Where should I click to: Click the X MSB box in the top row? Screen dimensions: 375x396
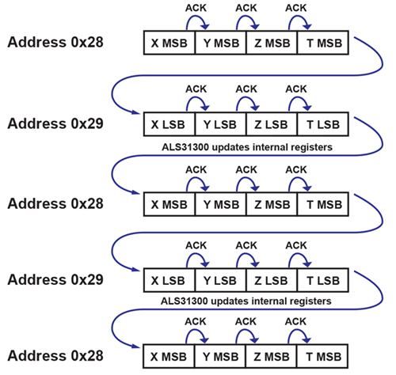point(169,43)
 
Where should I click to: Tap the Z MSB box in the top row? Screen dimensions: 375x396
point(272,43)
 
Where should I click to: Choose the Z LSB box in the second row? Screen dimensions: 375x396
point(272,123)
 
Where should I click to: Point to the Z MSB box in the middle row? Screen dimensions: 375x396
point(272,204)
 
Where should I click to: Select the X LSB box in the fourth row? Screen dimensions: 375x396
point(169,280)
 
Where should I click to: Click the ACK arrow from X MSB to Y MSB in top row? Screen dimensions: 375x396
point(196,21)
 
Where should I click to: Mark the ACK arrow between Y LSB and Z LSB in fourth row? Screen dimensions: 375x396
point(246,258)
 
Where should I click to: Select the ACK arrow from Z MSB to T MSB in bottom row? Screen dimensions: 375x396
point(297,334)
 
